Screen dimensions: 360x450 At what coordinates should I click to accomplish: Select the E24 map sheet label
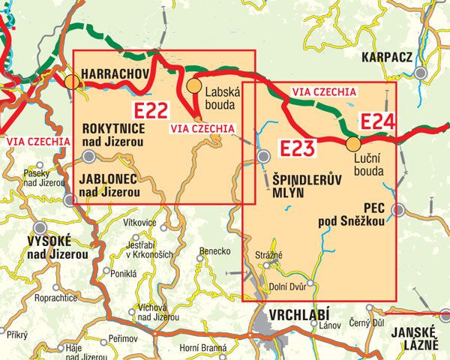379,121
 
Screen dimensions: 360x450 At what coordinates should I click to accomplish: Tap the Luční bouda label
367,165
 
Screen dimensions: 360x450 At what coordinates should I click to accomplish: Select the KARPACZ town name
387,56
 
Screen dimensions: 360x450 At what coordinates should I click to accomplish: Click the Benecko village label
214,252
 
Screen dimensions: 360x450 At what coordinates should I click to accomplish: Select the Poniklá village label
122,274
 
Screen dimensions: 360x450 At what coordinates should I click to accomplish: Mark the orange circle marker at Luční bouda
353,142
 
